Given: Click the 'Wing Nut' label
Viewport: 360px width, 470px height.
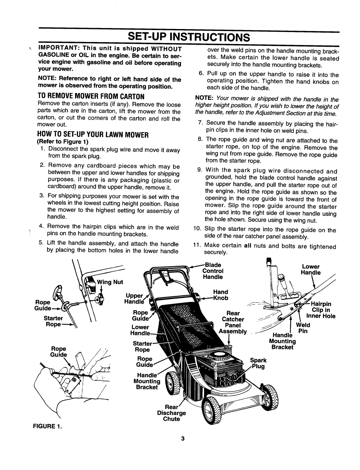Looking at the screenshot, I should pos(110,282).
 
